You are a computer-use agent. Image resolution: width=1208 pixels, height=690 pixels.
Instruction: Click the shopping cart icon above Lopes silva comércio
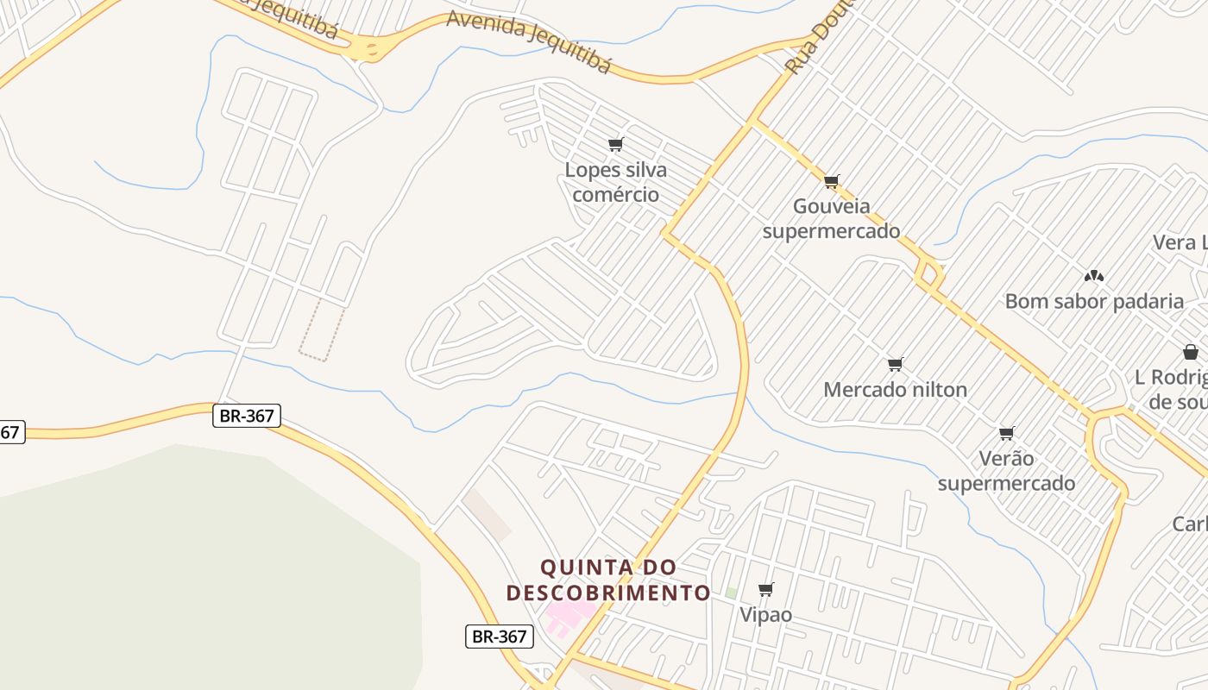615,144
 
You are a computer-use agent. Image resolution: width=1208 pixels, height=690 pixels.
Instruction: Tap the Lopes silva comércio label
615,182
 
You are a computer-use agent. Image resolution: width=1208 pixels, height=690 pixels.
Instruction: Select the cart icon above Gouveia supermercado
831,181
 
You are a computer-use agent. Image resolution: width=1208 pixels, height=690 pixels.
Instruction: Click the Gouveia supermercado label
831,219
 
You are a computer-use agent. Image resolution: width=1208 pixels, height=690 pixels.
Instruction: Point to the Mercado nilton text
895,389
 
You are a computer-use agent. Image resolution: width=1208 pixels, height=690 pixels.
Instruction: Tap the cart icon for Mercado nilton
895,365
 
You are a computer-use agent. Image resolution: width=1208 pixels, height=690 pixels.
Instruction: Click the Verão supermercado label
1006,470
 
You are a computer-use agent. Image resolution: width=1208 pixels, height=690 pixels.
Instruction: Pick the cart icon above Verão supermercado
1006,433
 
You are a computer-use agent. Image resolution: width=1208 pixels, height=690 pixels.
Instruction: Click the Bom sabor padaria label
1094,301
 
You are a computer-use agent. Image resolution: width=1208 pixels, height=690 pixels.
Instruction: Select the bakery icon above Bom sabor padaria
1094,276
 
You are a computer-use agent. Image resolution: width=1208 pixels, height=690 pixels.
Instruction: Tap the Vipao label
765,614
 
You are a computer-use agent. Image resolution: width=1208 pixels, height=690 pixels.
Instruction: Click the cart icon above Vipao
765,590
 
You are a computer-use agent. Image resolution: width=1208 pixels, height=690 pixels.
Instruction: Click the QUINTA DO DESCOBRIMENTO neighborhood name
608,580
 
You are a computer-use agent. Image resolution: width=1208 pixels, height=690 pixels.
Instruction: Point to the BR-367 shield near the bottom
500,637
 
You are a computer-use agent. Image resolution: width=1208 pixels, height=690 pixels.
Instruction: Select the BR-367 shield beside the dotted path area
247,416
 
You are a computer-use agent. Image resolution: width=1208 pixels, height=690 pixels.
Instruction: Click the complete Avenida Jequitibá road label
528,43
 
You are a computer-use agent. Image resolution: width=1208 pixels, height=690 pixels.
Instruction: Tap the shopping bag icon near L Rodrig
1191,352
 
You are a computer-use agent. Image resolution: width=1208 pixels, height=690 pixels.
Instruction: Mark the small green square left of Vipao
731,593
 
